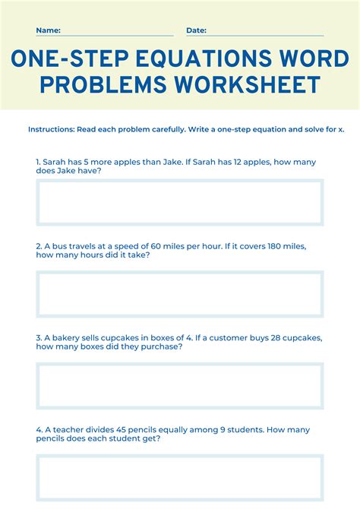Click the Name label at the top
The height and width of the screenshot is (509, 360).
pyautogui.click(x=48, y=30)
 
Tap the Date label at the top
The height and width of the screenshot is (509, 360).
pyautogui.click(x=196, y=30)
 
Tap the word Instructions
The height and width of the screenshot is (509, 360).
pyautogui.click(x=50, y=129)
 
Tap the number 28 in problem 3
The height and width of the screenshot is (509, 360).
pyautogui.click(x=268, y=337)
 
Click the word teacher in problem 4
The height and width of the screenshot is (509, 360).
pyautogui.click(x=69, y=428)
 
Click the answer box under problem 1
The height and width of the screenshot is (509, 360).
pyautogui.click(x=180, y=202)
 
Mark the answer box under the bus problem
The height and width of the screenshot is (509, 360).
pyautogui.click(x=180, y=294)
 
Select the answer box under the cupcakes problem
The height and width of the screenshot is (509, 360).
pyautogui.click(x=180, y=385)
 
